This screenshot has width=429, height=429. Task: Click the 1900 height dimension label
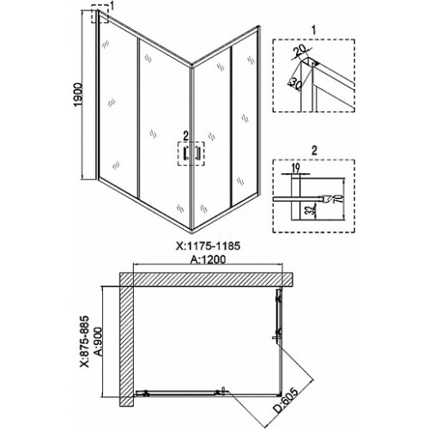click(78, 94)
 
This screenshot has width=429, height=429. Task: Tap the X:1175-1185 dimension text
click(208, 246)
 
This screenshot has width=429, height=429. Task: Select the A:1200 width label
click(208, 259)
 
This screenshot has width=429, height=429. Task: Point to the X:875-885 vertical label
click(85, 341)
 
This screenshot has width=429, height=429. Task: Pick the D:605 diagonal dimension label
click(287, 404)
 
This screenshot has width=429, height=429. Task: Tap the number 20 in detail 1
click(299, 51)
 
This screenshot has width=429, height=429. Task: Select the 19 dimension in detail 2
click(296, 168)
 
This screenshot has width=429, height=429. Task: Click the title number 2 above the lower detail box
click(314, 151)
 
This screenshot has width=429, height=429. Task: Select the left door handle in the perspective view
click(185, 154)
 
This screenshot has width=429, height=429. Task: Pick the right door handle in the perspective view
click(197, 154)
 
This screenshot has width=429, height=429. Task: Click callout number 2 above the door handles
click(186, 136)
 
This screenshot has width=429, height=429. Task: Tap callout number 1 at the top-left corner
click(112, 6)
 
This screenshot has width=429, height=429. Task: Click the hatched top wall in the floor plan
click(207, 279)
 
